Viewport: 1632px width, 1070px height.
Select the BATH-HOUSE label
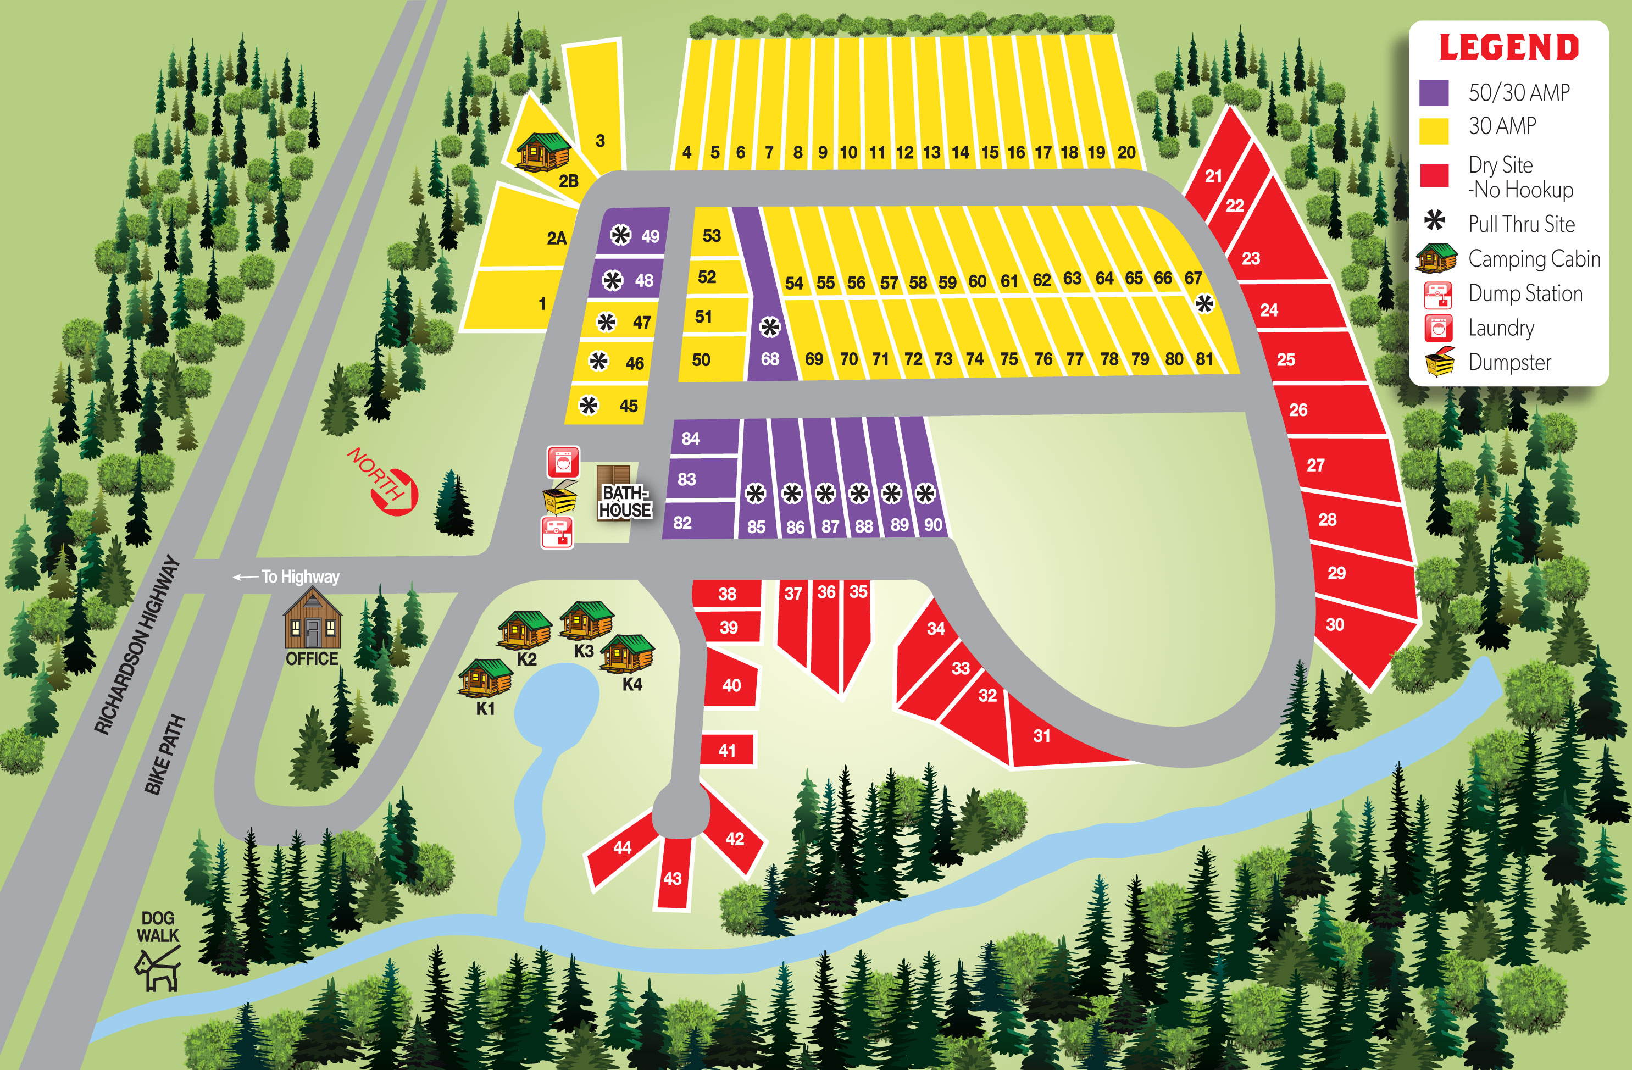tap(625, 501)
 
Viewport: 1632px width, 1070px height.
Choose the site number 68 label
tap(770, 359)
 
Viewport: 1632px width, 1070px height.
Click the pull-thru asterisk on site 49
tap(620, 235)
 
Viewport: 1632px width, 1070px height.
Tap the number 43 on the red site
tap(672, 879)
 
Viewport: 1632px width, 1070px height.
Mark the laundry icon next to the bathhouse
tap(563, 462)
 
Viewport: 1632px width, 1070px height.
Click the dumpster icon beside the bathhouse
tap(559, 497)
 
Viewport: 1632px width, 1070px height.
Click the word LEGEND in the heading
tap(1508, 48)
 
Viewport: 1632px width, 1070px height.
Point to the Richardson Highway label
tap(137, 645)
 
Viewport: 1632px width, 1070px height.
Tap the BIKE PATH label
tap(164, 755)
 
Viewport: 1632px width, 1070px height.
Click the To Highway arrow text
tap(288, 577)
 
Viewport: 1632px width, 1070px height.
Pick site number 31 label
tap(1042, 736)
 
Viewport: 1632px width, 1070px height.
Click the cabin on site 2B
tap(542, 151)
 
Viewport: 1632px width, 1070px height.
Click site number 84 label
tap(691, 439)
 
